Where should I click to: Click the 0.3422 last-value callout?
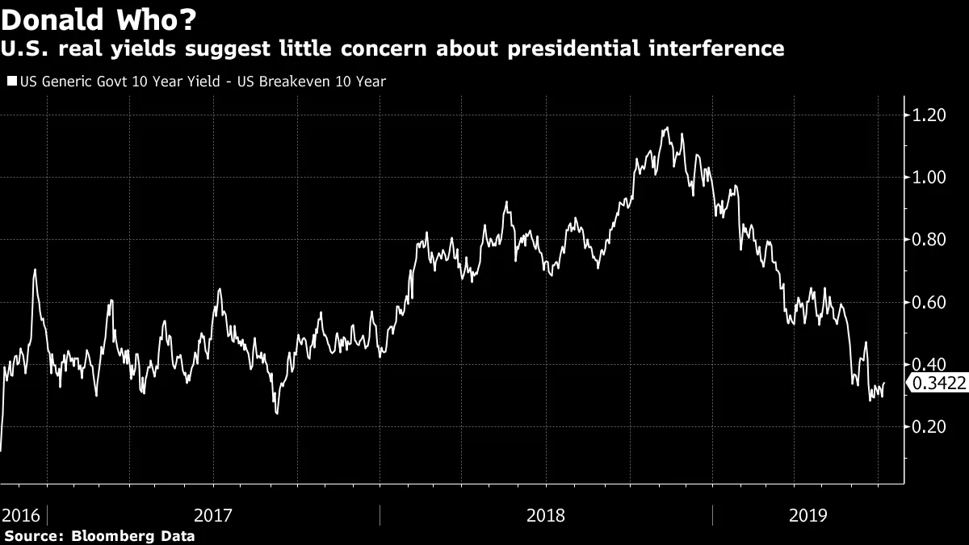939,384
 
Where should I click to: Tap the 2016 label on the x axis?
20,514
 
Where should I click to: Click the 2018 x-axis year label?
545,514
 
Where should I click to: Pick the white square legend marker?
10,82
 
